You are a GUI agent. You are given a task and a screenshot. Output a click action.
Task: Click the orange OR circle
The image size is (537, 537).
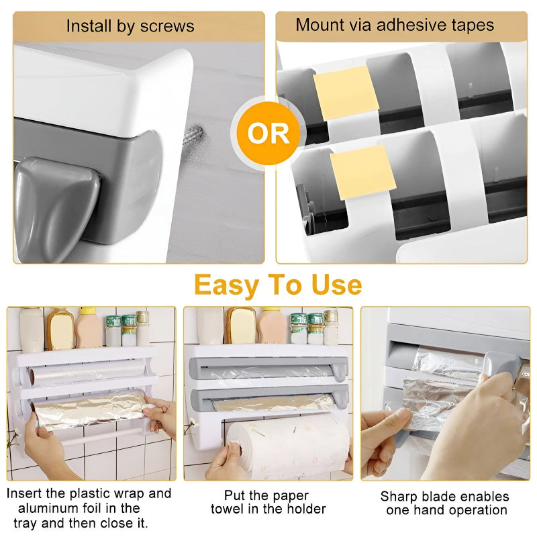[x=268, y=134]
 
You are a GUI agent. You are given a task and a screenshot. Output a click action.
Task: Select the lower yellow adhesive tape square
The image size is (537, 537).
[x=362, y=173]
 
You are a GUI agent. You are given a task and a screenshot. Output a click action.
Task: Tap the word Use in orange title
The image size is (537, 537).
[x=336, y=285]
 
